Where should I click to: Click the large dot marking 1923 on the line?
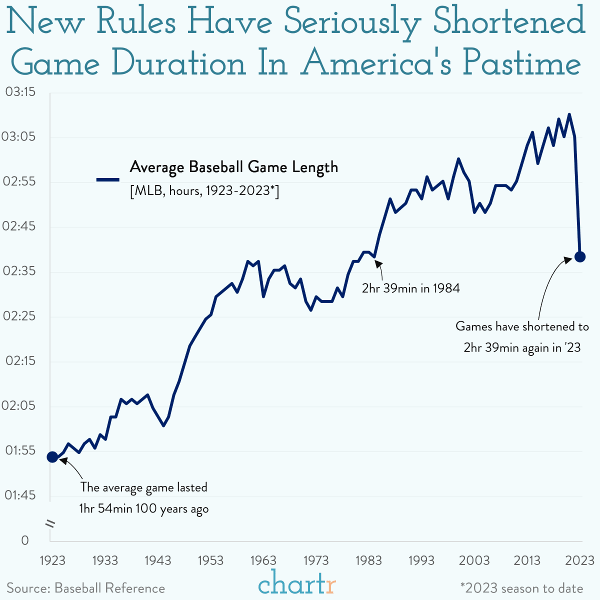[x=52, y=456]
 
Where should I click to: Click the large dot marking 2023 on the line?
[x=580, y=256]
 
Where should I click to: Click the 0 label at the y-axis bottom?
[x=25, y=540]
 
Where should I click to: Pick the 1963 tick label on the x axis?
[x=263, y=560]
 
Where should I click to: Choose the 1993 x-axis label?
[x=421, y=560]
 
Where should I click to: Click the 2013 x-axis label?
[x=527, y=560]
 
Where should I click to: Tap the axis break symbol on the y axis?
[x=50, y=523]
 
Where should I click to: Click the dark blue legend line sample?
[x=107, y=179]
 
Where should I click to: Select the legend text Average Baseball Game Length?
[x=233, y=167]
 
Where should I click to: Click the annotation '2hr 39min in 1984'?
[x=410, y=288]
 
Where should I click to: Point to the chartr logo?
[x=297, y=584]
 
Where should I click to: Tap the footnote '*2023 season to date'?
[x=521, y=588]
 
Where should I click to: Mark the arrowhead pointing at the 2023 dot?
[x=568, y=259]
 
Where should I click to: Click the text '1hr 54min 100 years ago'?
[x=144, y=509]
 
